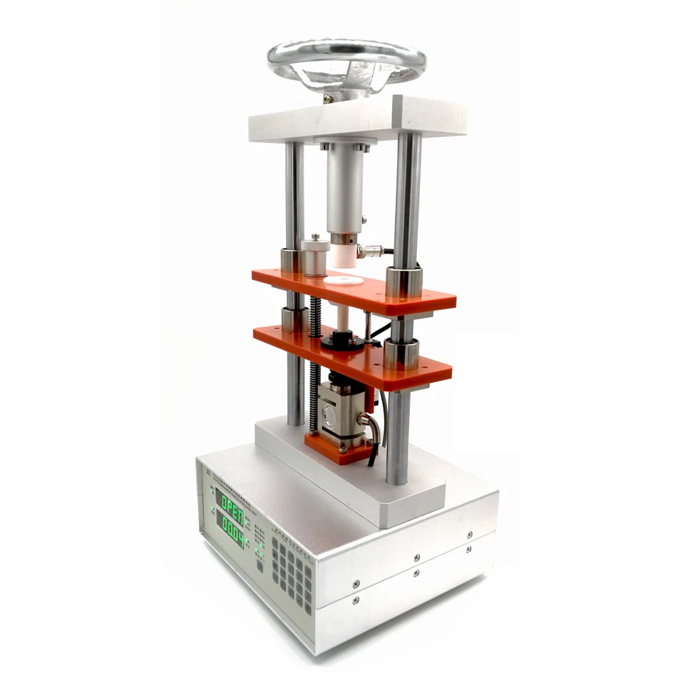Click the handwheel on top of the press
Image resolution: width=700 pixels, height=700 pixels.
point(347,62)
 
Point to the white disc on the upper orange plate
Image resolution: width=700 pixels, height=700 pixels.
point(343,278)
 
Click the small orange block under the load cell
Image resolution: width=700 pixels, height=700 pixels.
point(335,450)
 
